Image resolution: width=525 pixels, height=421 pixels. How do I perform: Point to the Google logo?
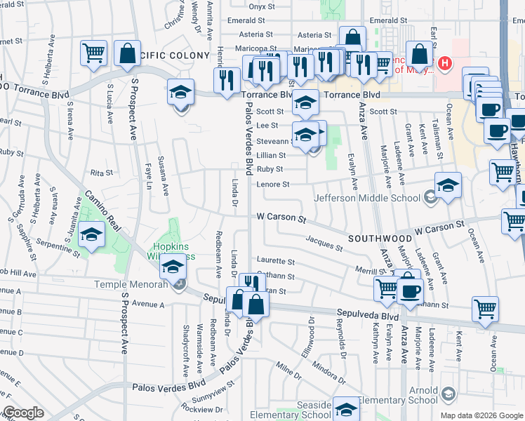[22, 413]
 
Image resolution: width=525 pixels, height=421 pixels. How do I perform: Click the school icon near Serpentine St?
[91, 235]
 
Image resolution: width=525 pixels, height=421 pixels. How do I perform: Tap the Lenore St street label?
[272, 185]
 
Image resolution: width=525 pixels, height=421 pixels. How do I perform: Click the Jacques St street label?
[324, 243]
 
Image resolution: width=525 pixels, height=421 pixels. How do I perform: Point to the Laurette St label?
[275, 261]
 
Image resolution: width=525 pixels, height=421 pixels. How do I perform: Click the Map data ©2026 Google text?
[481, 415]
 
